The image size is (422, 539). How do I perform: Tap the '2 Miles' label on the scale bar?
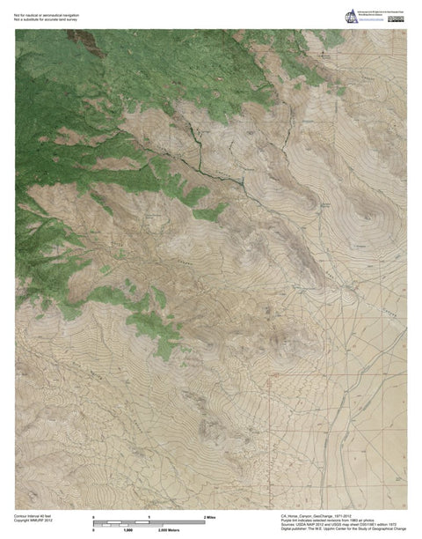click(x=210, y=515)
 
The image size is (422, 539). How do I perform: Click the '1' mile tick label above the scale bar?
click(x=149, y=515)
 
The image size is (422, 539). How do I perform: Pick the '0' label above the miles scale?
click(x=94, y=515)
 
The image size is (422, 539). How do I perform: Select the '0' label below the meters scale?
click(x=94, y=530)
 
